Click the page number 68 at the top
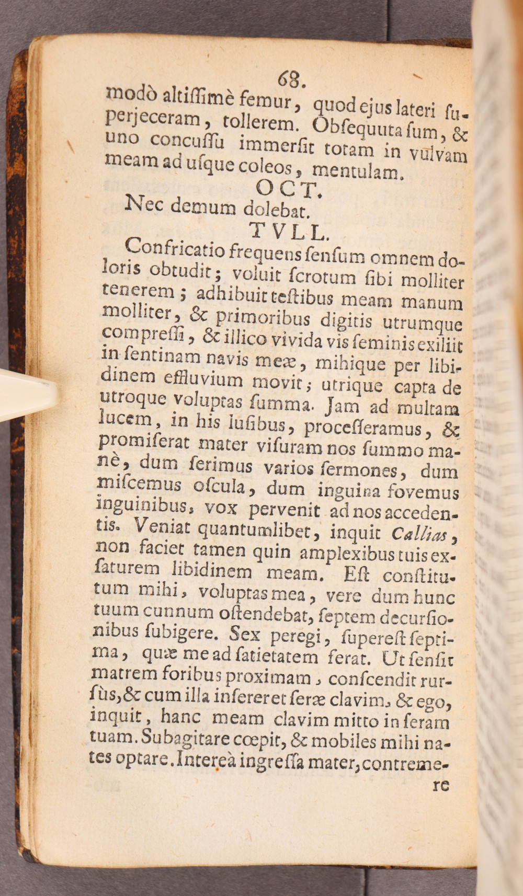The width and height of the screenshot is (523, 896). (x=289, y=79)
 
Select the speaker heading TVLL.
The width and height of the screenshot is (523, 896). (x=289, y=231)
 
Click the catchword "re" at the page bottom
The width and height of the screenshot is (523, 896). (x=441, y=785)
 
